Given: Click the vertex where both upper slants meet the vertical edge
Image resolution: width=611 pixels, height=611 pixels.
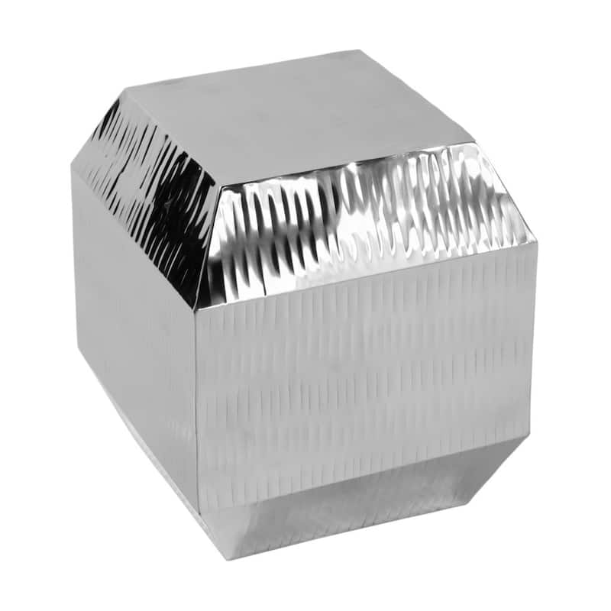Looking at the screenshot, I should coord(197,309).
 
